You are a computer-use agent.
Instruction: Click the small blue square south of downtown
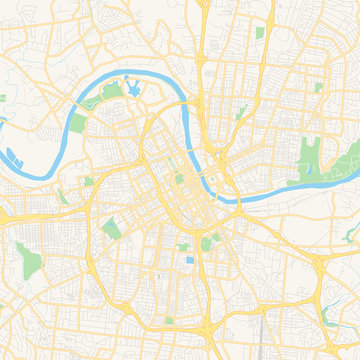click(190, 261)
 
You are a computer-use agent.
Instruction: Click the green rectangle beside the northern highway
click(259, 33)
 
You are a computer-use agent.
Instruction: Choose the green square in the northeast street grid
click(318, 88)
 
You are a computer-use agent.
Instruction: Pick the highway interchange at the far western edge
click(8, 216)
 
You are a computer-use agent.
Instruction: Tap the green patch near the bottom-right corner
click(332, 322)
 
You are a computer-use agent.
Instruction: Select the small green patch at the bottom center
click(169, 321)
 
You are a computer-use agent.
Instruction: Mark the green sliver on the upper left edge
click(3, 99)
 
